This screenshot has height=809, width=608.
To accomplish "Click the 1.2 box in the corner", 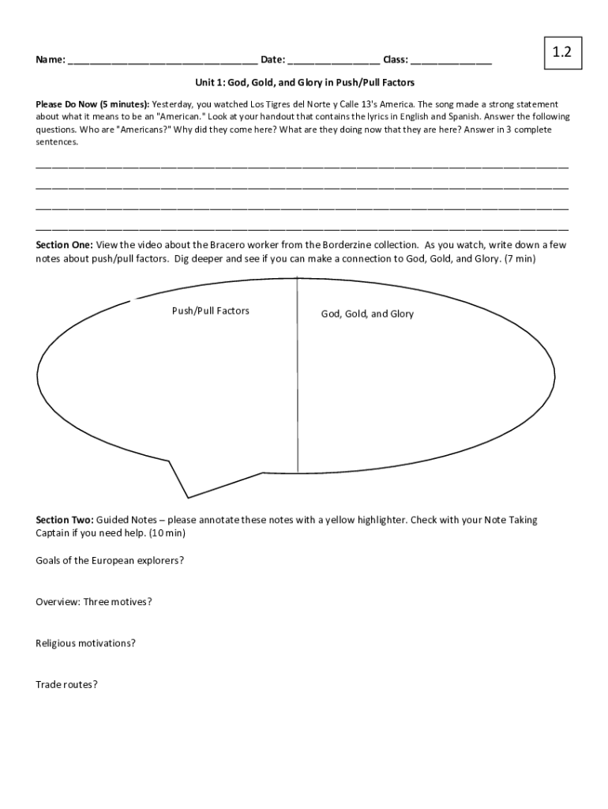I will click(561, 53).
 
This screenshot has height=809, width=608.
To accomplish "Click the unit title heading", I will click(305, 82).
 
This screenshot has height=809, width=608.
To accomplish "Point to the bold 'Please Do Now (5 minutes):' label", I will click(92, 104).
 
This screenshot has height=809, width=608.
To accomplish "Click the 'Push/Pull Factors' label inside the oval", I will click(210, 311).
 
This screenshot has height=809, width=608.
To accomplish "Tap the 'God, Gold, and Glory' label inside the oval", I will click(366, 314).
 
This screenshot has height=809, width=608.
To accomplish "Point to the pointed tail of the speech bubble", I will click(187, 496).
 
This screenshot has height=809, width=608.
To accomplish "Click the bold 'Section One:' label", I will click(65, 245).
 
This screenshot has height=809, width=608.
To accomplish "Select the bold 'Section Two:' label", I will click(65, 520).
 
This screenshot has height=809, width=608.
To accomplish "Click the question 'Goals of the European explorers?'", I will click(110, 560).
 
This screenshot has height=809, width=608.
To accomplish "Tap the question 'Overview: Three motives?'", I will click(93, 602).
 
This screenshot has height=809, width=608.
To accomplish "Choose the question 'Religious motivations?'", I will click(85, 643).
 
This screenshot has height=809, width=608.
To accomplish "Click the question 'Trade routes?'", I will click(66, 685).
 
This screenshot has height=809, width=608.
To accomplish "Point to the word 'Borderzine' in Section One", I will click(348, 245).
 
